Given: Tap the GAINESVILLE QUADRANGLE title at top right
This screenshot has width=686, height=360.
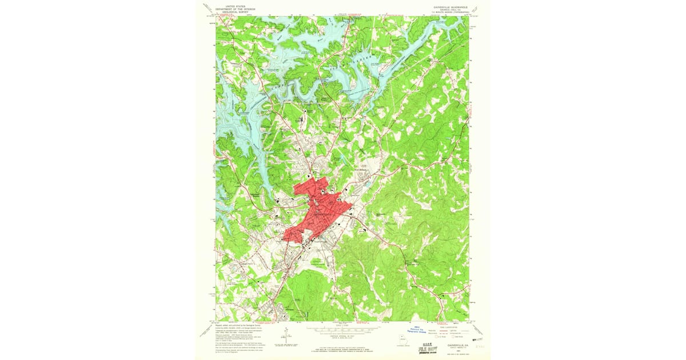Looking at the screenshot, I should tap(451, 7).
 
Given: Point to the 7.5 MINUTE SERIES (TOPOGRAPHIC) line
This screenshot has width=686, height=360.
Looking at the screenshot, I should tap(451, 13).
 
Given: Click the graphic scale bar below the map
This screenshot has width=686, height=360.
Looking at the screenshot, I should tap(343, 330).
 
